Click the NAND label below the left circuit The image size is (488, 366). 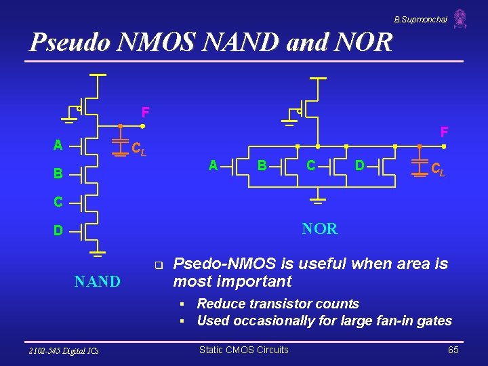pyautogui.click(x=97, y=281)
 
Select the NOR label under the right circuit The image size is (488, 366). pyautogui.click(x=320, y=229)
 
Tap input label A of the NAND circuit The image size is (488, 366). pyautogui.click(x=58, y=145)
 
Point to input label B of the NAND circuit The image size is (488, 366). pyautogui.click(x=58, y=174)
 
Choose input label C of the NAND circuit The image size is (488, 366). pyautogui.click(x=58, y=202)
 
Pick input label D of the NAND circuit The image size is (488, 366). pyautogui.click(x=58, y=231)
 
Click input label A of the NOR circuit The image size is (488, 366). pyautogui.click(x=213, y=165)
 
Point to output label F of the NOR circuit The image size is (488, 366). pyautogui.click(x=444, y=131)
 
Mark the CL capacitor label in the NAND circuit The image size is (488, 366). pyautogui.click(x=138, y=148)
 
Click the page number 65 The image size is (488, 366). pyautogui.click(x=453, y=350)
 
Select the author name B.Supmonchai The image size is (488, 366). pyautogui.click(x=420, y=20)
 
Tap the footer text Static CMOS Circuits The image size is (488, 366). pyautogui.click(x=243, y=350)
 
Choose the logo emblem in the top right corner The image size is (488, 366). pyautogui.click(x=460, y=18)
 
